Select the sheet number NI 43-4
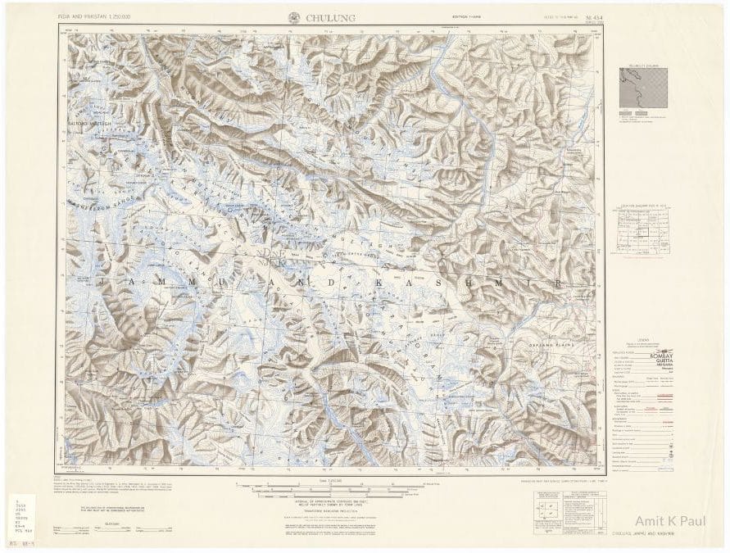pyautogui.click(x=597, y=16)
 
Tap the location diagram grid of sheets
pyautogui.click(x=643, y=233)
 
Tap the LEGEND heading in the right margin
pyautogui.click(x=643, y=338)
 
